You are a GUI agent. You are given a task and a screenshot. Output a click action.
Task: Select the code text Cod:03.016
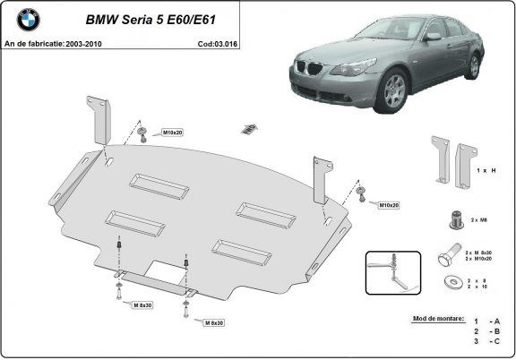(x=219, y=42)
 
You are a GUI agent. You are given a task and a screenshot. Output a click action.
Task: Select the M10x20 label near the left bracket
(x=171, y=133)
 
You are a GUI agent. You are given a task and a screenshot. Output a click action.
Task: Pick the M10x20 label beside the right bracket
(x=388, y=205)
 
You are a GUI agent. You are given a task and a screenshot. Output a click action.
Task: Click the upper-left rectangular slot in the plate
(x=154, y=183)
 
